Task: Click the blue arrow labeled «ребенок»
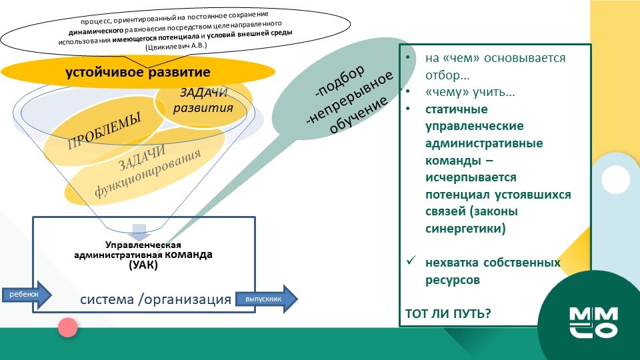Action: (27, 294)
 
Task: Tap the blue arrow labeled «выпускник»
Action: (267, 299)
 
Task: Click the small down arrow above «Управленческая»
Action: (139, 232)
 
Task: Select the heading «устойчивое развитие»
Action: (138, 72)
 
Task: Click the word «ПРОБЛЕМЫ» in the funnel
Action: (104, 131)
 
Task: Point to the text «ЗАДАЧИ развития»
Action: (203, 101)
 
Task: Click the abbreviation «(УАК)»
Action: (143, 265)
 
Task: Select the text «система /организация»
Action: (155, 299)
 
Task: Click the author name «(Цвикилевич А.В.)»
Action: (176, 46)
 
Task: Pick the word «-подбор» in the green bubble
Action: (339, 81)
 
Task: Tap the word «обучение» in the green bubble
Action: (359, 115)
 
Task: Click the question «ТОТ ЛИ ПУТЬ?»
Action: (448, 313)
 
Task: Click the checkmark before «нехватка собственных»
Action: (411, 260)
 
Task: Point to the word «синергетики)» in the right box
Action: (465, 228)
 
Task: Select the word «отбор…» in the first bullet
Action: (447, 75)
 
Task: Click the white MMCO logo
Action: (594, 323)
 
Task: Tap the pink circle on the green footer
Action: (68, 327)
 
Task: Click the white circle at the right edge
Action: (615, 179)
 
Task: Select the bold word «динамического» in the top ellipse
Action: (96, 31)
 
